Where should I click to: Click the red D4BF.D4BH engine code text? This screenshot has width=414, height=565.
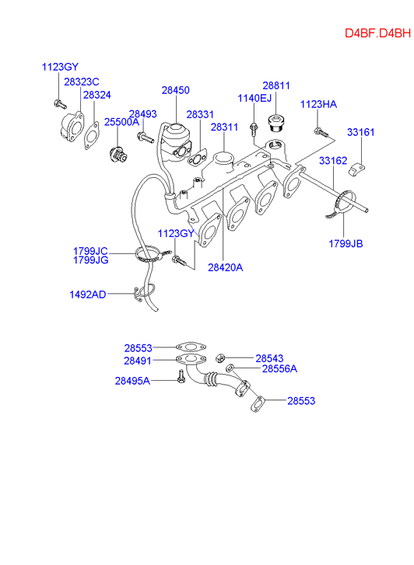(377, 33)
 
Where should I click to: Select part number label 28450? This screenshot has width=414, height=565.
(175, 90)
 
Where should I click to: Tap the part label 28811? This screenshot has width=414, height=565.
(276, 85)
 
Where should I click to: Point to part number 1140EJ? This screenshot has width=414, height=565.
(254, 98)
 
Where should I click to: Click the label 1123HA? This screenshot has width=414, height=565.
(318, 104)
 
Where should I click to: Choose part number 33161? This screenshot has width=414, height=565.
(361, 132)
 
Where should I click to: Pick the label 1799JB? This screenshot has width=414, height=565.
(346, 244)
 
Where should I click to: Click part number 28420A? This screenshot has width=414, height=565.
(225, 267)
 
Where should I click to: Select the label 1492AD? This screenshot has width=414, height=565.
(88, 295)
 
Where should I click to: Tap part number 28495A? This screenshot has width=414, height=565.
(132, 381)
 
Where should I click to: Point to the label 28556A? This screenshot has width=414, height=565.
(279, 368)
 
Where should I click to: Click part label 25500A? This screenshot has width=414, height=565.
(121, 122)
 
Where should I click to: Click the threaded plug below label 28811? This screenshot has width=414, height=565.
(277, 124)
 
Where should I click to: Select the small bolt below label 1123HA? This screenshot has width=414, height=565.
(321, 132)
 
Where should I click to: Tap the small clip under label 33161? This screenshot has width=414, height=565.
(356, 169)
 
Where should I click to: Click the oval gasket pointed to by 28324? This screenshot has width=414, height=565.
(92, 135)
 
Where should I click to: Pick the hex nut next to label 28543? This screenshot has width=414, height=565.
(220, 358)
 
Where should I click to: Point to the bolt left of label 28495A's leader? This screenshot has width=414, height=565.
(181, 377)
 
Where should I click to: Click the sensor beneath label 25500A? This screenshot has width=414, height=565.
(118, 155)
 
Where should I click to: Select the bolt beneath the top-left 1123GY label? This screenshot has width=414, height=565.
(60, 104)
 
